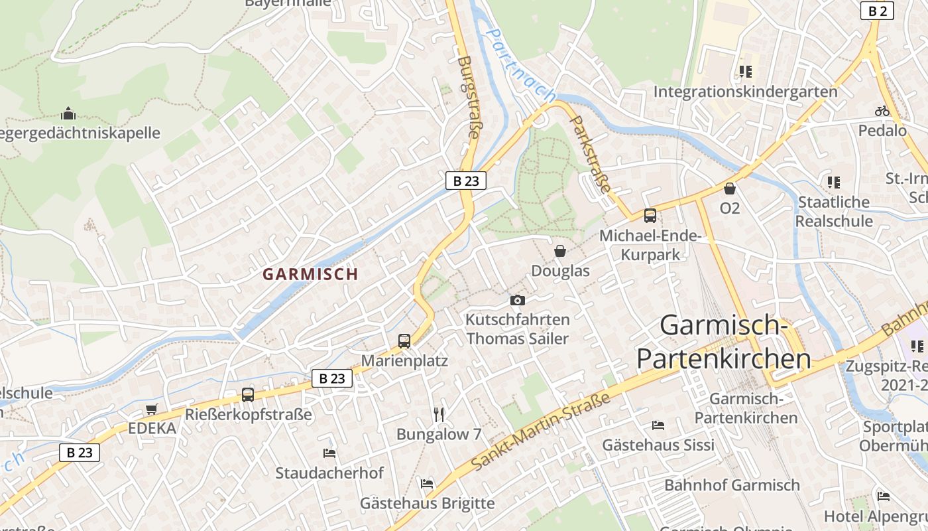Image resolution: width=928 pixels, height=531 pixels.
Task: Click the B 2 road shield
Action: tap(877, 11)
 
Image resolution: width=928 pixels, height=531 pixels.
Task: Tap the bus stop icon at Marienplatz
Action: tap(404, 341)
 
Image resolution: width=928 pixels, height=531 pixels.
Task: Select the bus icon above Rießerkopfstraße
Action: tap(248, 395)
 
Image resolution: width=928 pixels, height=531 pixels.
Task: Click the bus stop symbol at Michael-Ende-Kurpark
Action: tap(650, 216)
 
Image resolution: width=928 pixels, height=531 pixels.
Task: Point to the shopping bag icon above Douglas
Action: tap(560, 251)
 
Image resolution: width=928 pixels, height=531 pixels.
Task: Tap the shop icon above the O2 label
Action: tap(730, 189)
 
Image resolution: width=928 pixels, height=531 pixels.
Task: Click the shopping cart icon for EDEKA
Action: tap(152, 409)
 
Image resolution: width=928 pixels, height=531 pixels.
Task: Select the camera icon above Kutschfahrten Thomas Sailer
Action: tap(518, 300)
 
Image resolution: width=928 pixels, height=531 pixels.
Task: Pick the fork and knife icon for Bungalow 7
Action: tap(438, 415)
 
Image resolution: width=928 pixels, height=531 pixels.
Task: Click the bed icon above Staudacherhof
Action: tap(329, 453)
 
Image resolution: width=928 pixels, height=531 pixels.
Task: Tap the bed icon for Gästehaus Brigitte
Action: tap(427, 484)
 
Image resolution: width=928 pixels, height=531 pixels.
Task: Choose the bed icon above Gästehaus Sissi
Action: tap(658, 425)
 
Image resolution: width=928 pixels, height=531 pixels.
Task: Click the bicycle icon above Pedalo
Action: tap(882, 111)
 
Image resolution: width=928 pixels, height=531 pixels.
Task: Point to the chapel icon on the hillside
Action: tap(68, 114)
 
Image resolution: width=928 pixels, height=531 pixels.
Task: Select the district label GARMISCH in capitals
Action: tap(310, 274)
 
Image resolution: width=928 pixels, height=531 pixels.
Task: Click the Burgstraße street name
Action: tap(468, 97)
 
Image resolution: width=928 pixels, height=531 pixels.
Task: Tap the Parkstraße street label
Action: tap(589, 154)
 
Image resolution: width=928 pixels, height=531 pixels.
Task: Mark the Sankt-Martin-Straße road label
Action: tap(542, 431)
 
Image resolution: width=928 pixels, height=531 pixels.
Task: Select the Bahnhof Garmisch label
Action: tap(732, 485)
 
